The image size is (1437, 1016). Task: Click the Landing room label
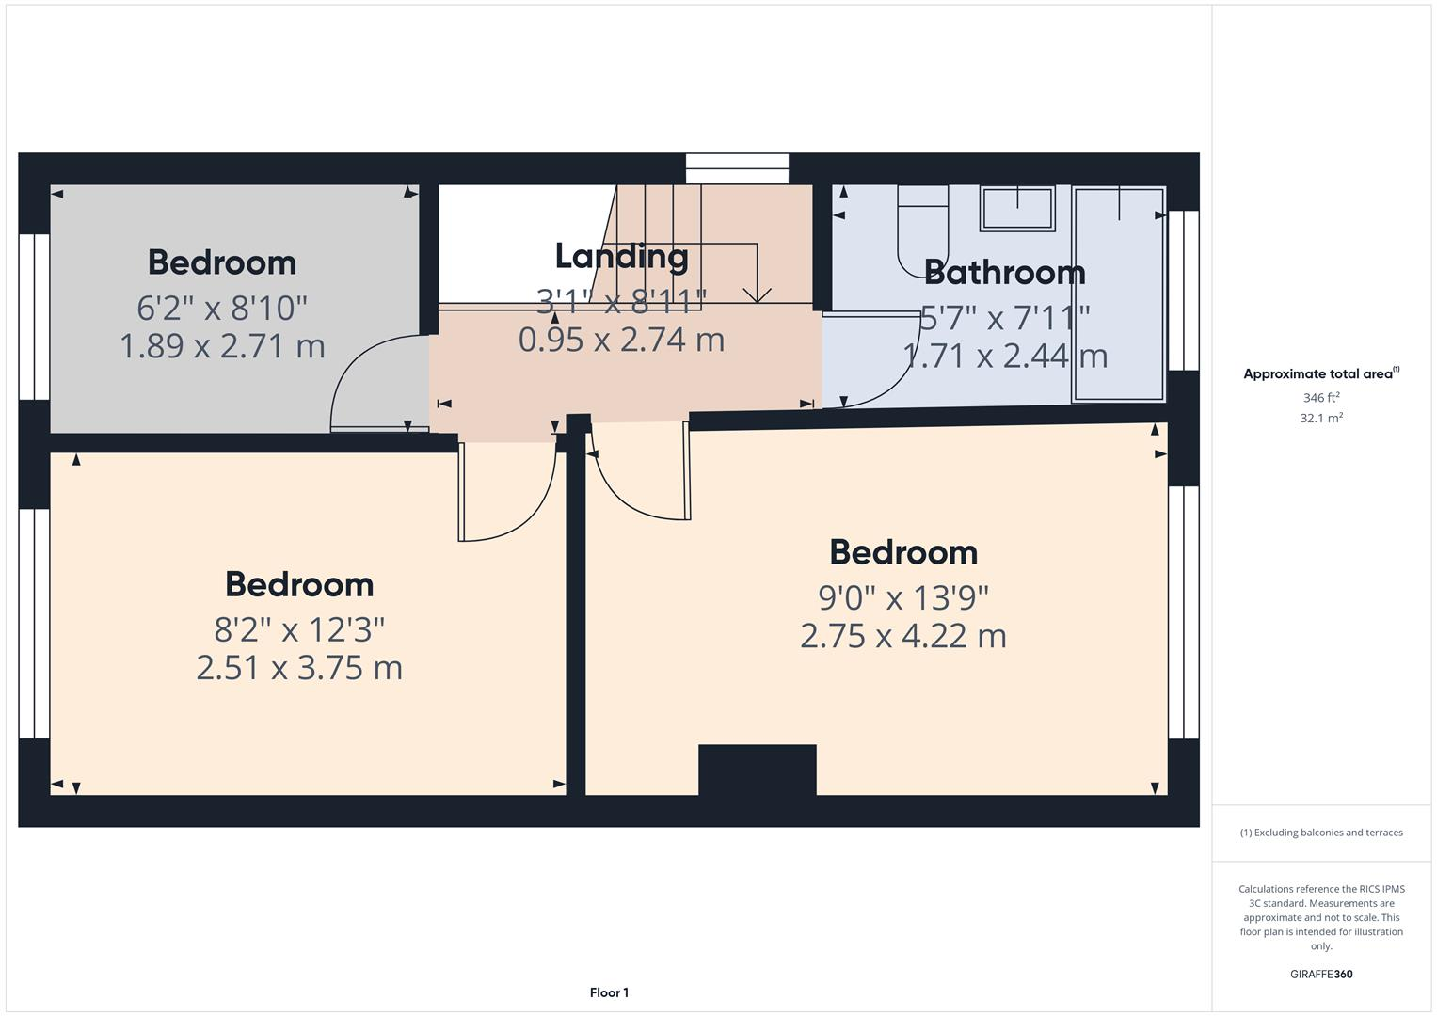[x=621, y=256]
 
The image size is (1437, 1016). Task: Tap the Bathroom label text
[x=1004, y=272]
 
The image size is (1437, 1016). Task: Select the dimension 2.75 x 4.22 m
[x=902, y=636]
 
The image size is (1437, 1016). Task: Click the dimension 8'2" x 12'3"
[x=299, y=628]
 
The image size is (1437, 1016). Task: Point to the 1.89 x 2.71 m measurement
[x=222, y=346]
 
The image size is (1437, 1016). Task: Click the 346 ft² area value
[x=1320, y=398]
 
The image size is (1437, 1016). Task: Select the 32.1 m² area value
[x=1320, y=419]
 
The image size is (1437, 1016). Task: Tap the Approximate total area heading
[x=1320, y=373]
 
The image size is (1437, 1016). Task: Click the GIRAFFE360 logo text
[x=1320, y=974]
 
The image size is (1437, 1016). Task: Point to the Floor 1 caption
[x=609, y=992]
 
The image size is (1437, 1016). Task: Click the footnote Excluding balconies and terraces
[x=1320, y=833]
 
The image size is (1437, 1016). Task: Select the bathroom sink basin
[x=1016, y=208]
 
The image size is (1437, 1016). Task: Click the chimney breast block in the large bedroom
[x=757, y=770]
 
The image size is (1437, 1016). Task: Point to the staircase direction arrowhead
[x=757, y=294]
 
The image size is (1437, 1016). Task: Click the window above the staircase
[x=737, y=169]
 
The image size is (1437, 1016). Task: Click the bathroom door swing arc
[x=875, y=367]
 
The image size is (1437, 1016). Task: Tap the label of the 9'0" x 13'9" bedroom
[x=902, y=552]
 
